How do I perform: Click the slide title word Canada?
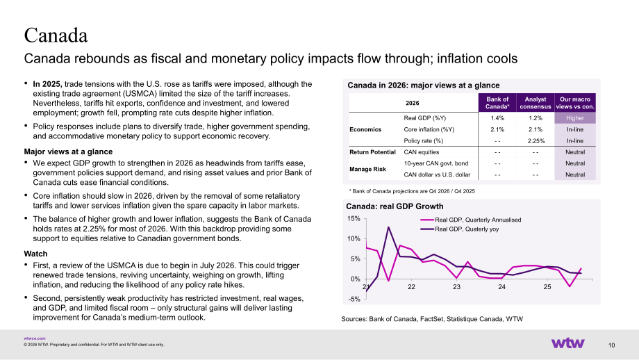(x=56, y=35)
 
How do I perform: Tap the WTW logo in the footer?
(x=567, y=343)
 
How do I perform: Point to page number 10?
(x=611, y=345)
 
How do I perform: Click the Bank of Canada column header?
(x=497, y=103)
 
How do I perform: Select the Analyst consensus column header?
(x=535, y=103)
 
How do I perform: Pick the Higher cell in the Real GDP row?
(x=575, y=118)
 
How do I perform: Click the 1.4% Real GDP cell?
(x=497, y=118)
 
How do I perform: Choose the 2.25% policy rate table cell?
(x=536, y=140)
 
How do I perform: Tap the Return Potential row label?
(x=372, y=152)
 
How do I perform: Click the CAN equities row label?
(x=422, y=152)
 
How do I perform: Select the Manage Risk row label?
(x=367, y=169)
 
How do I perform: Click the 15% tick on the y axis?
(x=354, y=218)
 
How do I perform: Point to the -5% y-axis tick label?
(x=354, y=299)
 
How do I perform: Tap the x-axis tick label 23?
(x=456, y=287)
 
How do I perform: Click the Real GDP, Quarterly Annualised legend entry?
(x=471, y=220)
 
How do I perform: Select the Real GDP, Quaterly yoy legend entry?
(x=460, y=229)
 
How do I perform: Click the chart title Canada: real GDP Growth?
(x=395, y=206)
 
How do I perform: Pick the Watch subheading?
(x=35, y=254)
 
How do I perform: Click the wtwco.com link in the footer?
(x=35, y=338)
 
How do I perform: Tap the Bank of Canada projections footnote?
(x=412, y=191)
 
